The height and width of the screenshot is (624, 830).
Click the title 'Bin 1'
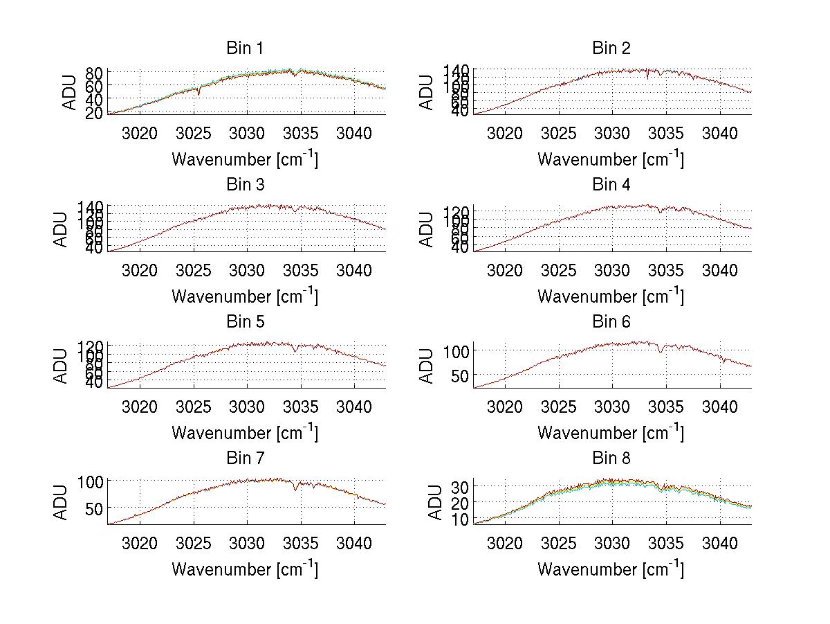[x=245, y=48]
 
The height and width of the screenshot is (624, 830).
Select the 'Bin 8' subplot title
[x=611, y=458]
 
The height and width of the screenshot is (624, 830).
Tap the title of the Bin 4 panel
[x=611, y=185]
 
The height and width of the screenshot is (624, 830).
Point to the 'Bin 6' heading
[x=611, y=322]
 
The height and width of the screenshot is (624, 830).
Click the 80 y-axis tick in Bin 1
[x=95, y=73]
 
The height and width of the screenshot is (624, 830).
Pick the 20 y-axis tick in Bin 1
[x=95, y=113]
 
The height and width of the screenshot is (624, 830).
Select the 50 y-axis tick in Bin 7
[x=95, y=508]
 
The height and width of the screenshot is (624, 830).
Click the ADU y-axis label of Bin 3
[x=62, y=229]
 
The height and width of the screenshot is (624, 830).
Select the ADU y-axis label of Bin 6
[x=427, y=366]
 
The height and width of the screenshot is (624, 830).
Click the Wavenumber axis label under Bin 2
[x=611, y=159]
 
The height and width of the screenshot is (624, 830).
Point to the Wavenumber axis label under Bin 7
[x=245, y=569]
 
